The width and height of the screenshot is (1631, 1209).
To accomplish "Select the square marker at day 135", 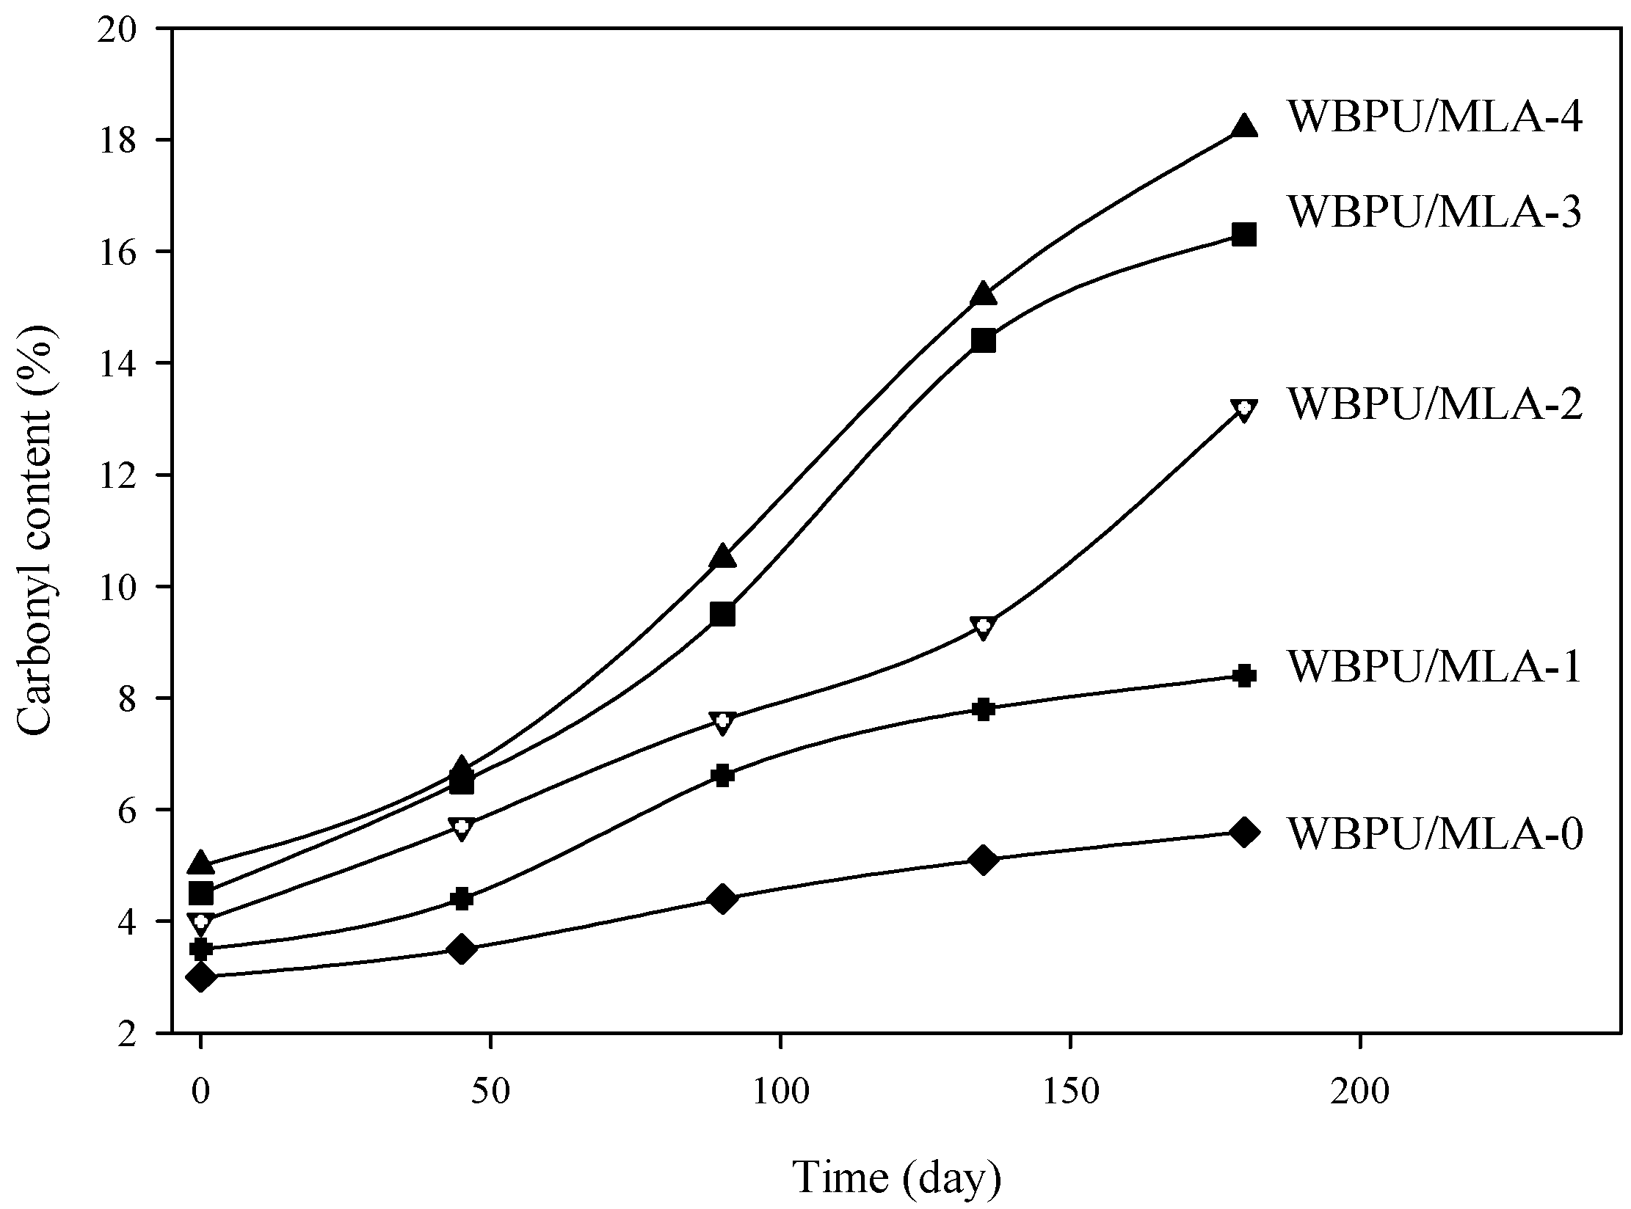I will pyautogui.click(x=983, y=341).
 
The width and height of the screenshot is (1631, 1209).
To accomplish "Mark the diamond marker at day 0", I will pyautogui.click(x=200, y=977).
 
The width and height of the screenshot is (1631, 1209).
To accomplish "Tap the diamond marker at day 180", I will pyautogui.click(x=1243, y=832).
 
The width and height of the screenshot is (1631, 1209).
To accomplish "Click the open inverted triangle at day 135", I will pyautogui.click(x=983, y=627).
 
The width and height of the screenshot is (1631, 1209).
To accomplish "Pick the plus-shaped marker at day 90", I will pyautogui.click(x=722, y=775).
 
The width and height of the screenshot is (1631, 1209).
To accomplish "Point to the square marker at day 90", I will pyautogui.click(x=722, y=613).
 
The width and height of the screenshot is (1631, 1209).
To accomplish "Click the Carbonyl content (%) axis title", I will pyautogui.click(x=35, y=530).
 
